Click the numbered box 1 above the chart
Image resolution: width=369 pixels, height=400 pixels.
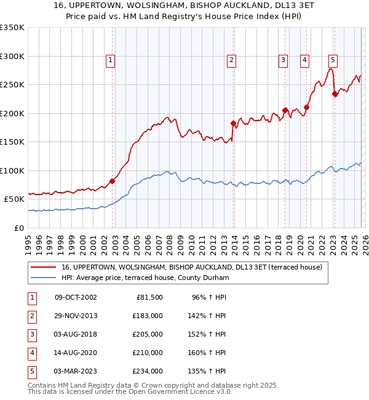[110, 60]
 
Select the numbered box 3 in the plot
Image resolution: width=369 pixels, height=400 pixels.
[283, 60]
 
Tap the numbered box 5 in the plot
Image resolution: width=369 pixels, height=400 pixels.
[333, 60]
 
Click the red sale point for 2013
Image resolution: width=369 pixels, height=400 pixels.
[233, 123]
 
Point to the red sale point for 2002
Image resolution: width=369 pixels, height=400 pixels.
[112, 181]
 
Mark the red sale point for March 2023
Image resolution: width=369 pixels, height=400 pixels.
[335, 94]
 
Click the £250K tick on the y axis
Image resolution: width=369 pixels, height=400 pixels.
[12, 85]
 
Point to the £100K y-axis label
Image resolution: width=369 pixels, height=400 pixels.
[12, 170]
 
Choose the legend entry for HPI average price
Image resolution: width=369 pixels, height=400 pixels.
[145, 278]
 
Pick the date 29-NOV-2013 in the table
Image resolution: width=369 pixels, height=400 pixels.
[76, 316]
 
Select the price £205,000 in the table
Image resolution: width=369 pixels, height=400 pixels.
[148, 334]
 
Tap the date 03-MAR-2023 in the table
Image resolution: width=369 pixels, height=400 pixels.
[76, 371]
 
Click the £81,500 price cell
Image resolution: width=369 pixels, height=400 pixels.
[149, 297]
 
